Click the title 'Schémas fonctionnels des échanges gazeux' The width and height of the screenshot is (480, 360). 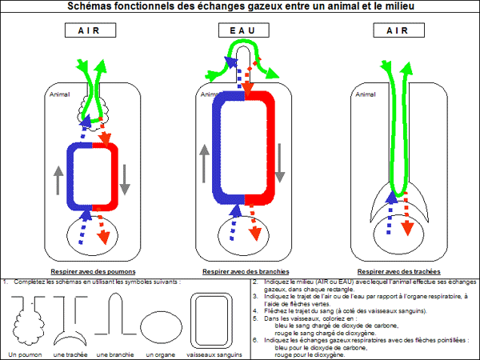pos(239,7)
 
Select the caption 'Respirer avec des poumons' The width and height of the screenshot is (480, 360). pos(92,272)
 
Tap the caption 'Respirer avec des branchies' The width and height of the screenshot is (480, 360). pos(244,272)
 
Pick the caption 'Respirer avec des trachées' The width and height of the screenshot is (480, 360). pos(401,272)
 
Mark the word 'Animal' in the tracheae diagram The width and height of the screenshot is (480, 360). pos(364,94)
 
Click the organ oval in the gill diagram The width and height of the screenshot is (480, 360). pos(244,232)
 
